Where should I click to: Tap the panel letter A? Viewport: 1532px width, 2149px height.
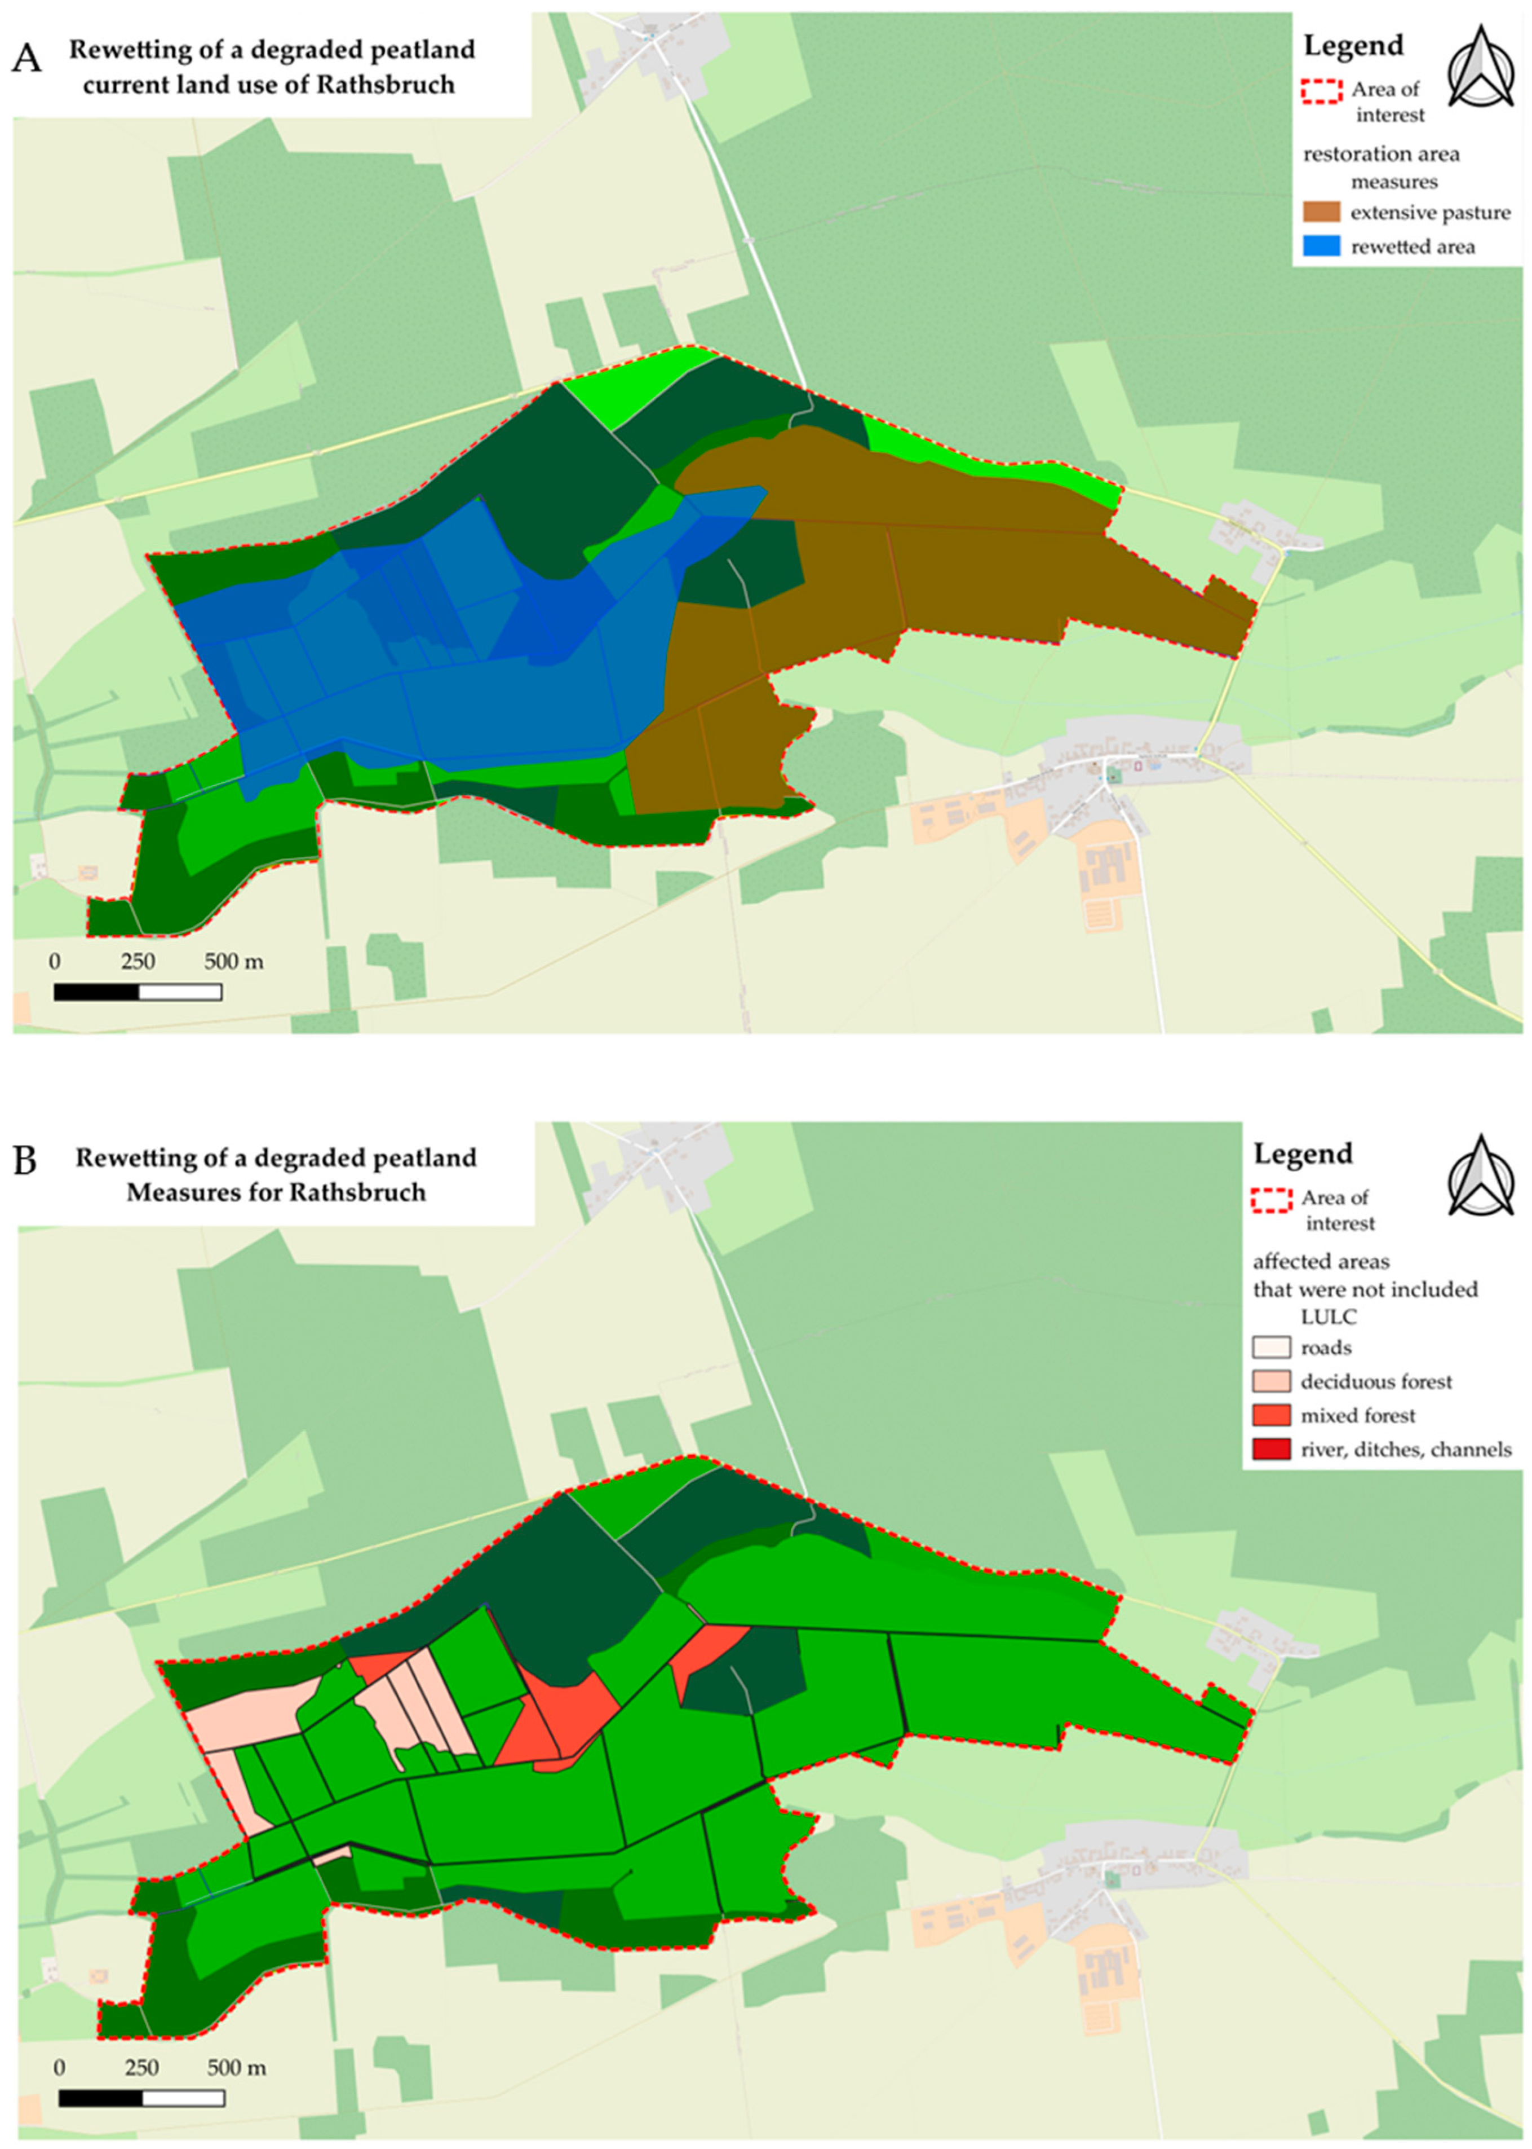tap(28, 59)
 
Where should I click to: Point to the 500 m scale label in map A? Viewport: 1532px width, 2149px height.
tap(234, 962)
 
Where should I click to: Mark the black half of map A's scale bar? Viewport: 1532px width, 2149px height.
tap(96, 992)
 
